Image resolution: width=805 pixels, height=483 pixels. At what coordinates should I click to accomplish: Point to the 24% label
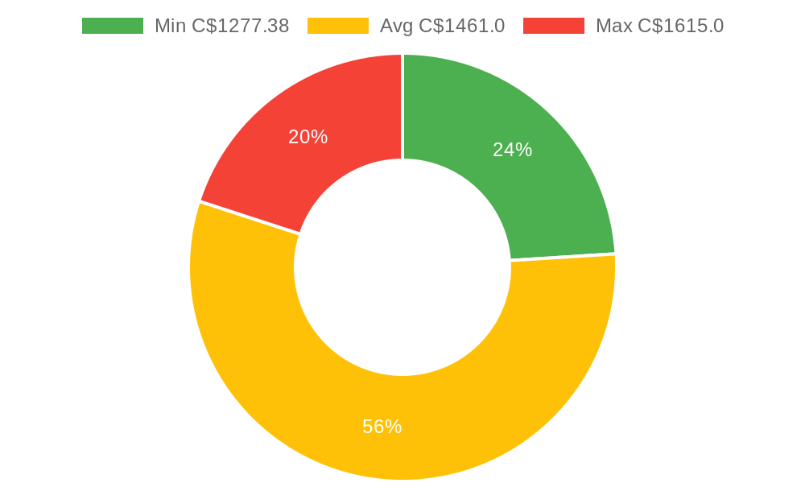point(512,150)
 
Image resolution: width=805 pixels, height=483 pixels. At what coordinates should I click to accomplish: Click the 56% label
point(382,427)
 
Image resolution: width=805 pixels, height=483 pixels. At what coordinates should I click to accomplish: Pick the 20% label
point(308,137)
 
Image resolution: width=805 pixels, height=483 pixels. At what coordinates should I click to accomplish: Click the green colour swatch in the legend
point(113,26)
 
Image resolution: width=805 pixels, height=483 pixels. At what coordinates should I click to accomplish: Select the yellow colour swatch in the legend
point(338,26)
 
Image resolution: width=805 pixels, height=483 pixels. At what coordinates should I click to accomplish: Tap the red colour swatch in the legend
point(554,26)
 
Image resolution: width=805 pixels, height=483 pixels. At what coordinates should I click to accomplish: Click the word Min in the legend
point(170,26)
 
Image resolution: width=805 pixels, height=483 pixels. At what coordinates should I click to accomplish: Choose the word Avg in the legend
point(396,26)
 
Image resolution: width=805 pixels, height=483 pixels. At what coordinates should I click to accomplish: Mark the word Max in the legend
point(613,26)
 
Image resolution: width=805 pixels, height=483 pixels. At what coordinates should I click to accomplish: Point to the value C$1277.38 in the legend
point(240,26)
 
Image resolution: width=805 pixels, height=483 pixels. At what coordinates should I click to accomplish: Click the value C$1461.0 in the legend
point(461,26)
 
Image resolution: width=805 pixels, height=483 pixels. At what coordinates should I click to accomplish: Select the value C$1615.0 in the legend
point(680,26)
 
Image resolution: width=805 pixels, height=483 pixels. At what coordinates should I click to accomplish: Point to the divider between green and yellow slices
point(563,257)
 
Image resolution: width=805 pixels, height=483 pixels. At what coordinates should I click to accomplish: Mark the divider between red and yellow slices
point(250,217)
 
